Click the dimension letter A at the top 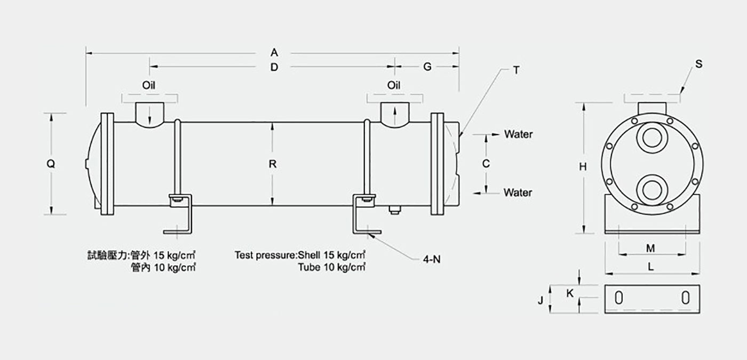(x=274, y=53)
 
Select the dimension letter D (x=274, y=67)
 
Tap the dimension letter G (x=427, y=67)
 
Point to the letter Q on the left (x=51, y=164)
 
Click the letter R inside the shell (x=273, y=164)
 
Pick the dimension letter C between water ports (x=486, y=164)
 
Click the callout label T (x=516, y=70)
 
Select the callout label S (x=698, y=64)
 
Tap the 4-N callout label (x=432, y=259)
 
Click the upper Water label (x=518, y=134)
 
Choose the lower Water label (x=518, y=193)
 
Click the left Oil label (x=149, y=85)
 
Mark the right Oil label (x=394, y=85)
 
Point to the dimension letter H (x=583, y=166)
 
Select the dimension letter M (x=650, y=249)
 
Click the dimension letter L (x=650, y=267)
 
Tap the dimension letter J (x=541, y=300)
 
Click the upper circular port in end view (x=651, y=138)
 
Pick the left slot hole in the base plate (x=618, y=298)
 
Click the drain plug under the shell (x=394, y=210)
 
